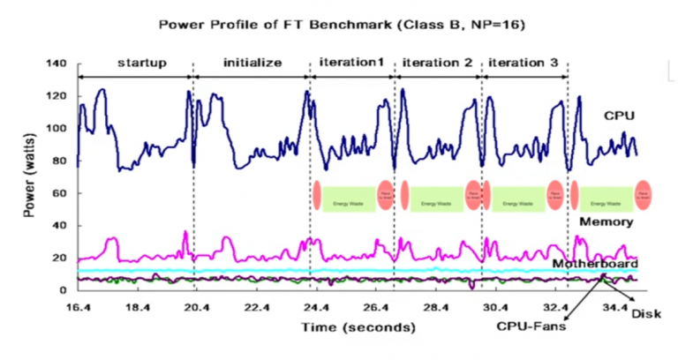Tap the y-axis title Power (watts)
pyautogui.click(x=30, y=176)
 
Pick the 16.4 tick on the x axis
pyautogui.click(x=78, y=307)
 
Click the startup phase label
pyautogui.click(x=136, y=64)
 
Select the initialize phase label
pyautogui.click(x=252, y=64)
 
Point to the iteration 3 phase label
pyautogui.click(x=523, y=64)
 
